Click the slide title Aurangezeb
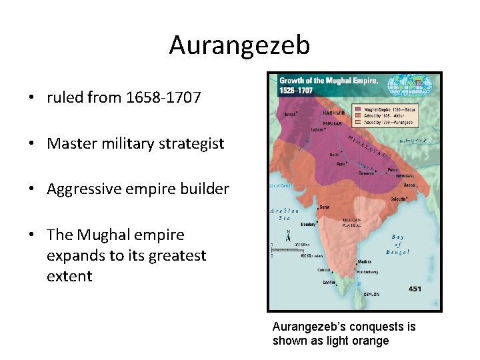(x=239, y=45)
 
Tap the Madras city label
(x=365, y=262)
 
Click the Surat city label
(x=325, y=207)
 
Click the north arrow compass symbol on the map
(x=288, y=235)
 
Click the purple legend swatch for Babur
(x=357, y=108)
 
